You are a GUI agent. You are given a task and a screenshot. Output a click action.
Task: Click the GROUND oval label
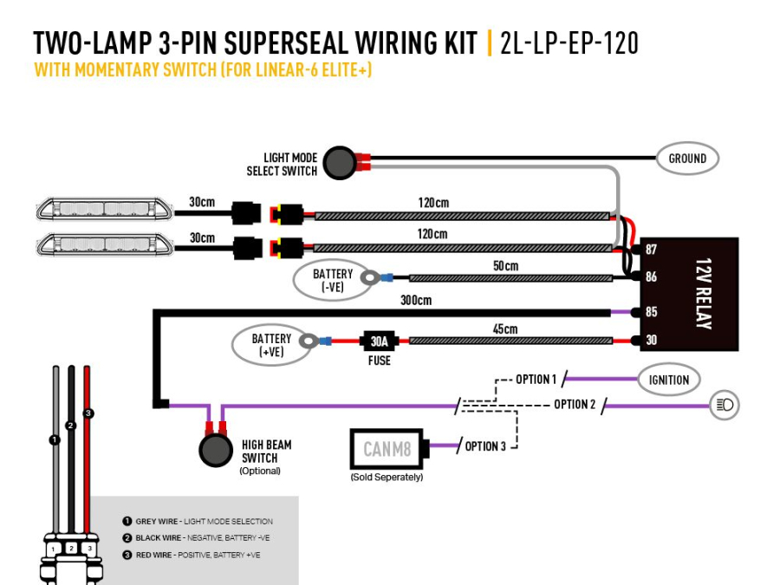click(x=687, y=159)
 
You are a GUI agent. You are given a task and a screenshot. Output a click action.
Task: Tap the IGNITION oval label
click(x=669, y=379)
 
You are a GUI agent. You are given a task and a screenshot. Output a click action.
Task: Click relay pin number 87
click(x=651, y=250)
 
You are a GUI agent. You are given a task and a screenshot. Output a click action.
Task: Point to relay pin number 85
click(x=651, y=311)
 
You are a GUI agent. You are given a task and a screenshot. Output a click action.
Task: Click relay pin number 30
click(x=651, y=341)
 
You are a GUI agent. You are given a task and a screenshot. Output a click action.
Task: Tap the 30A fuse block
click(x=379, y=341)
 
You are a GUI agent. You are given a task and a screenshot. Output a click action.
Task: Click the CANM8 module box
click(x=387, y=448)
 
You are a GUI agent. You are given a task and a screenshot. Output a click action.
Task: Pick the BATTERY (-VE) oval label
click(x=333, y=280)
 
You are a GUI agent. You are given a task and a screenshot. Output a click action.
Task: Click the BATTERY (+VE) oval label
click(x=271, y=344)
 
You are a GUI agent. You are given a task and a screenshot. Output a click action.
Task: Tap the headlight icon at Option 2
click(x=725, y=404)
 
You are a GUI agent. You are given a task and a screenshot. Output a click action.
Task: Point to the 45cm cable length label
click(x=505, y=328)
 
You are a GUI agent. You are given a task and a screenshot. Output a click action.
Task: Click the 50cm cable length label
click(x=505, y=266)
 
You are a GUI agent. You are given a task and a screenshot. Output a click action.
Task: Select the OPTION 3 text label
click(x=485, y=446)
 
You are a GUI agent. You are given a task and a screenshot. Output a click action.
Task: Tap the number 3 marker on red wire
click(x=88, y=412)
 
